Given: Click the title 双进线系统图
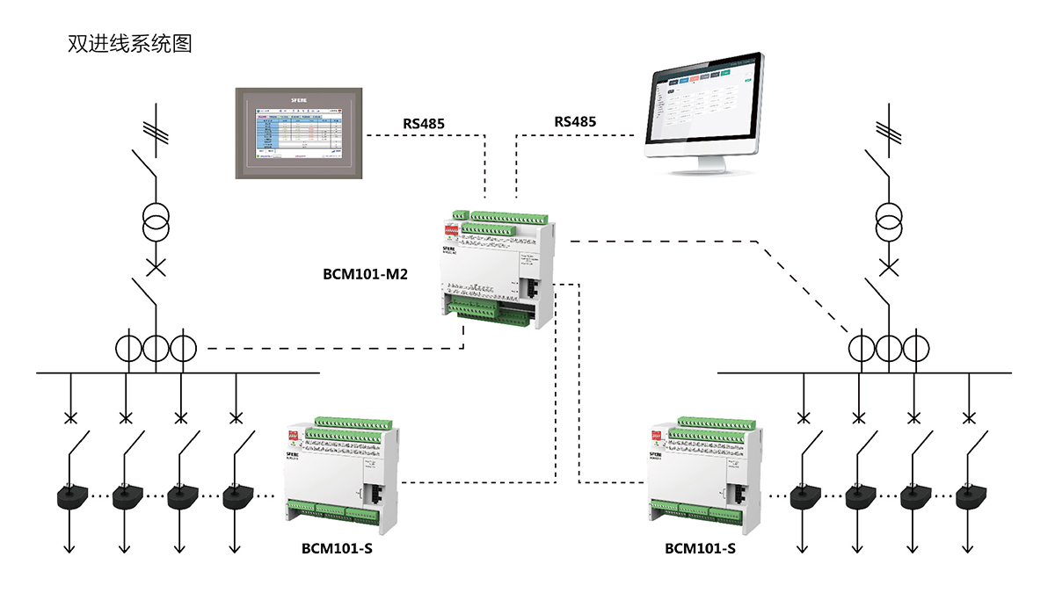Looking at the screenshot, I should coord(129,43).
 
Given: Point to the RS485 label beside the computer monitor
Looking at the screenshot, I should coord(575,121).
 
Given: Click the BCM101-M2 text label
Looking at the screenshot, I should coord(364,273).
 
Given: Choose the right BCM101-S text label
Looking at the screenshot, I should coord(700,549).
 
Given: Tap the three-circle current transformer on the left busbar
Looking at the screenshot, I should coord(156,348).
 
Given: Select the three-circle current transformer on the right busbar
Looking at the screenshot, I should coord(889,348).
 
